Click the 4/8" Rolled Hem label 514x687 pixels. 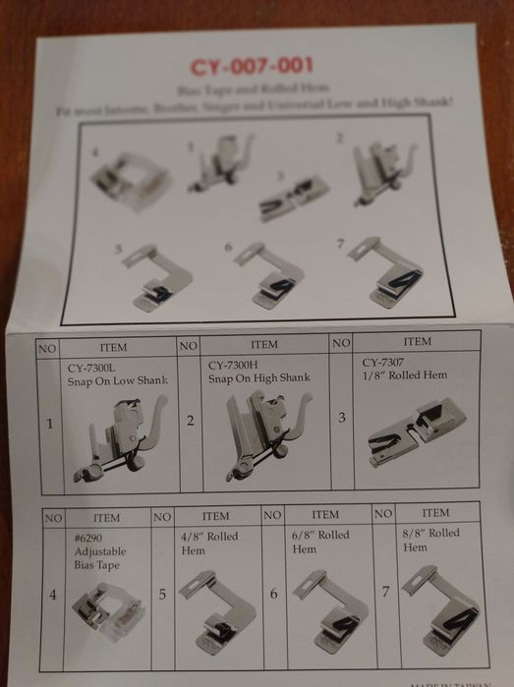208,543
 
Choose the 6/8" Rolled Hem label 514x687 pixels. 320,542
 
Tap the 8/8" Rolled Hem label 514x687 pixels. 431,540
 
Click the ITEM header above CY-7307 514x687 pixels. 417,341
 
